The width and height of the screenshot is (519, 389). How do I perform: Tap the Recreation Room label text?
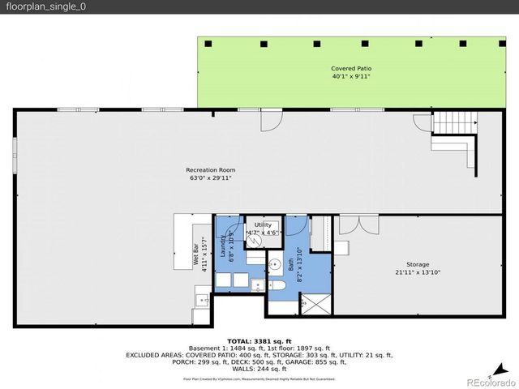(211, 169)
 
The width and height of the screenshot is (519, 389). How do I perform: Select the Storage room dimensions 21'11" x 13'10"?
(418, 273)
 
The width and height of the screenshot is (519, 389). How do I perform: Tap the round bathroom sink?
(275, 263)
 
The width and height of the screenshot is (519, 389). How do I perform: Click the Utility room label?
(263, 224)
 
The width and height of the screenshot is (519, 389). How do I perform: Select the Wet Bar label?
(194, 254)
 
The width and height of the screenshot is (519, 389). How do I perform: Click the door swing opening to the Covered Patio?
(268, 120)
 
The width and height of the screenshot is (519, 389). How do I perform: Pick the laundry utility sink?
(256, 284)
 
